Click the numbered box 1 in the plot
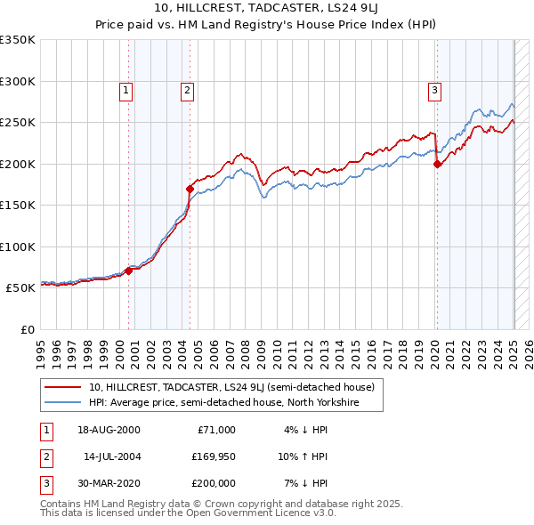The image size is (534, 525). tap(125, 90)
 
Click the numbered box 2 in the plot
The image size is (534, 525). tap(188, 90)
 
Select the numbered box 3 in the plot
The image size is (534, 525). tap(434, 90)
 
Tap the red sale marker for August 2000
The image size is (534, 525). tap(128, 271)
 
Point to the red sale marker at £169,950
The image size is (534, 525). tap(190, 189)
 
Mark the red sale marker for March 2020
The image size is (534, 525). tap(437, 164)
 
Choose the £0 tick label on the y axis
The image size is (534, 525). tap(27, 330)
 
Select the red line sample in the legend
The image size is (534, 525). tap(64, 387)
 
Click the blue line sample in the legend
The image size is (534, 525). tap(64, 402)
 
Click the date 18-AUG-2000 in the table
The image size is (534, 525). tap(109, 430)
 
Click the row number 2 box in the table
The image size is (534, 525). tap(45, 456)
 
